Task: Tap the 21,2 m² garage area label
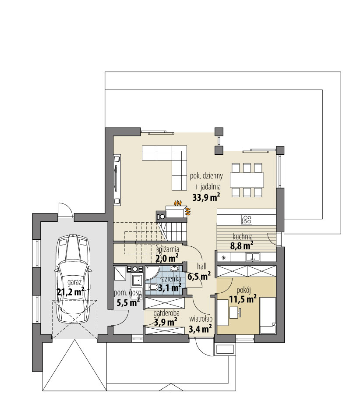point(70,291)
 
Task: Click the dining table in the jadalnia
point(247,180)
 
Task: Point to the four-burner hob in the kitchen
point(246,220)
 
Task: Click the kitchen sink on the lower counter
point(252,257)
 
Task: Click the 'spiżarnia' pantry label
point(168,249)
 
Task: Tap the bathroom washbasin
point(174,268)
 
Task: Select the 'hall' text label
point(201,266)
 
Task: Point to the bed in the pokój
point(268,316)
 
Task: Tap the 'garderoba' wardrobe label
point(166,313)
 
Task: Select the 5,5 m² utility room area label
point(128,303)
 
